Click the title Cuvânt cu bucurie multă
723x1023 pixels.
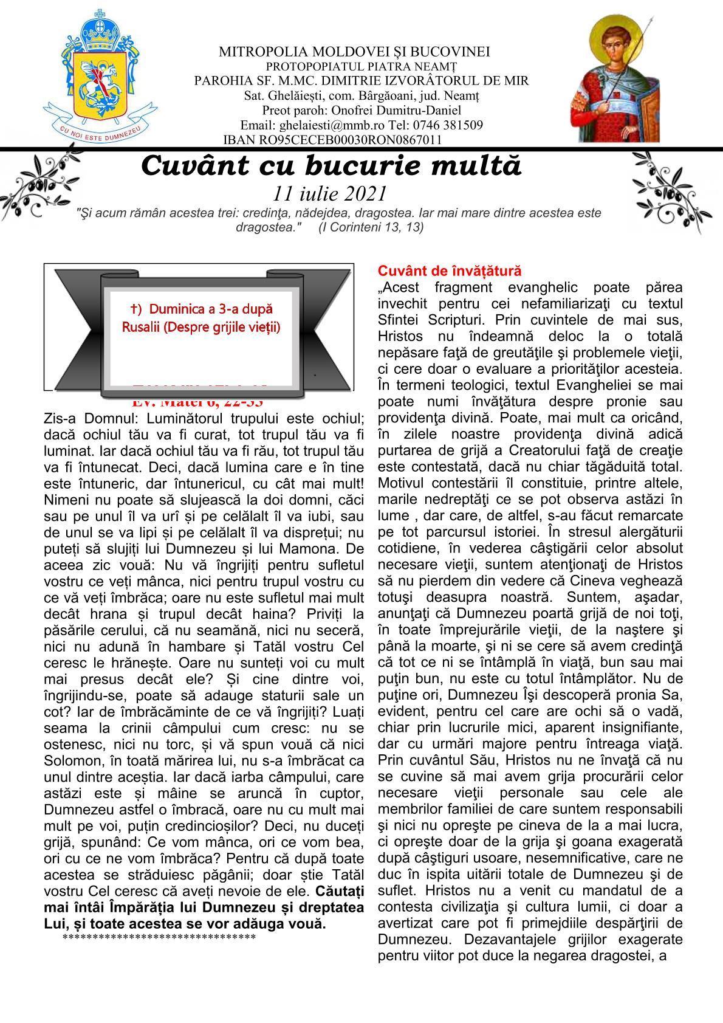click(331, 166)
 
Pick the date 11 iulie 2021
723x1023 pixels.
click(330, 193)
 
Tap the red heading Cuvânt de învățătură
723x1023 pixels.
click(449, 270)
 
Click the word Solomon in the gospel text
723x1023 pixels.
click(70, 760)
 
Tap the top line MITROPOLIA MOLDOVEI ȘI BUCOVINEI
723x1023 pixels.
click(355, 52)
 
